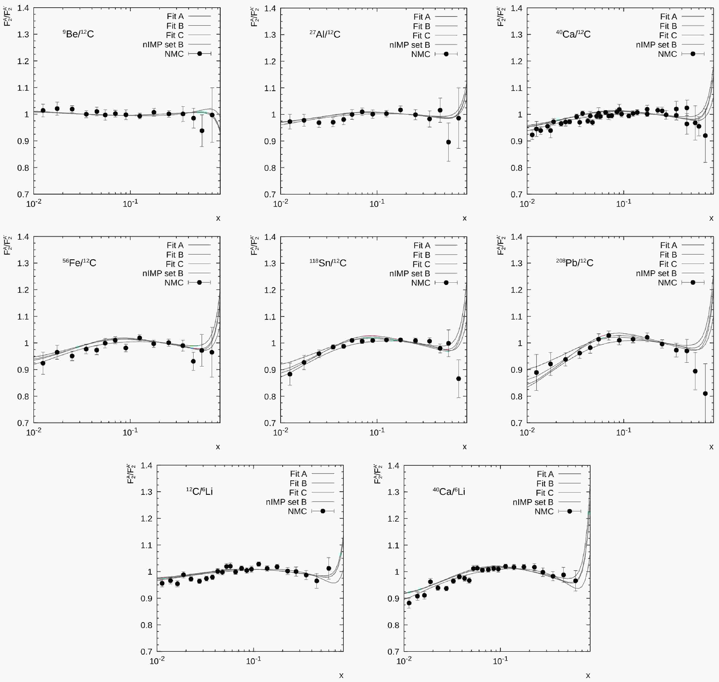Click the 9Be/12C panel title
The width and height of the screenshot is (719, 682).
tap(78, 34)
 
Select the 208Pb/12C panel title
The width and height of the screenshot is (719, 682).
tap(575, 263)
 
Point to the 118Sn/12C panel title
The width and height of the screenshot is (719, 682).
tap(328, 263)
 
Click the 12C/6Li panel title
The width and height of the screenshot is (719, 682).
tap(200, 492)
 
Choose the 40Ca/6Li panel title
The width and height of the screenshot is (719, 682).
tap(449, 492)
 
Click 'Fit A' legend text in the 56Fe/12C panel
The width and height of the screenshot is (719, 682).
tap(175, 245)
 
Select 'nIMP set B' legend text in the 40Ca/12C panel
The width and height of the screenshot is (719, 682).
tap(656, 45)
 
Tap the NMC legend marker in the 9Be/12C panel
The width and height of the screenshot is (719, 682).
tap(200, 54)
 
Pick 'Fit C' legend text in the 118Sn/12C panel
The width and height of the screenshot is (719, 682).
tap(421, 264)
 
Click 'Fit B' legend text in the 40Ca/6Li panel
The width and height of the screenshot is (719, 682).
tap(545, 484)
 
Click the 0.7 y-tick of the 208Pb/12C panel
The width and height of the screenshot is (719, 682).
tap(516, 423)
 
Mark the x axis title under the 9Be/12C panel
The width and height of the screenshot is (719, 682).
tap(218, 218)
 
